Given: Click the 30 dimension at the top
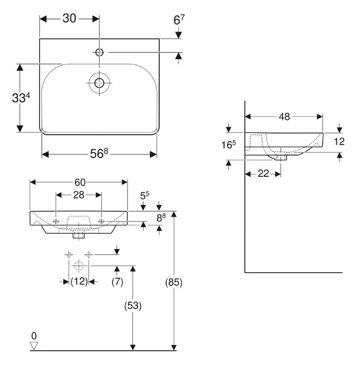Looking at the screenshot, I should tap(69, 18).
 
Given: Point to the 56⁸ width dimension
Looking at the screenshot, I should tap(99, 153).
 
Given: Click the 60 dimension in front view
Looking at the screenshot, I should tap(78, 181).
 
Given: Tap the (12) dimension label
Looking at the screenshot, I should tap(78, 281).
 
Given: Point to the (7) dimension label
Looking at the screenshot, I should tap(118, 281).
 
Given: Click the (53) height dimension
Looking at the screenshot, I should tap(134, 305).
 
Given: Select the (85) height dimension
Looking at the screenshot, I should tap(174, 282).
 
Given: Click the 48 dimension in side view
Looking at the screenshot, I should tap(284, 117).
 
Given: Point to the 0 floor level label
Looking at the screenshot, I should tap(34, 336).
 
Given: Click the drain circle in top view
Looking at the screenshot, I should tap(99, 83).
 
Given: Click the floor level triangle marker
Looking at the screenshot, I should tap(34, 346).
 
